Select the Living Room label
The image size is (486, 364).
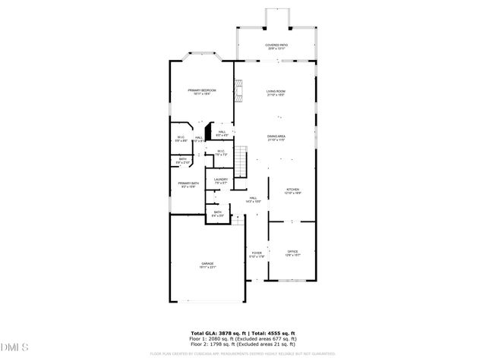pos(275,93)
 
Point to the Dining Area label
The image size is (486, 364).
pos(276,138)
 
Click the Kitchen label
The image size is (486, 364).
pos(292,192)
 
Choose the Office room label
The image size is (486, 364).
pos(292,253)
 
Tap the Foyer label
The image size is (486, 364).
pos(257,255)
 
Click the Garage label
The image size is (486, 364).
pos(207,265)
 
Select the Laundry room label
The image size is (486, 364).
pos(221,181)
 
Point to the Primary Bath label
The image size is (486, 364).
pos(188,185)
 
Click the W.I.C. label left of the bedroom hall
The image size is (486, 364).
pos(181,139)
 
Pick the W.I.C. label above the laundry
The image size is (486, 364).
pos(221,153)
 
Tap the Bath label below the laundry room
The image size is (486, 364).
pos(217,214)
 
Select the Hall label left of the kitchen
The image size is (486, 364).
pos(253,199)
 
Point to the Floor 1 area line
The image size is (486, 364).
pos(242,339)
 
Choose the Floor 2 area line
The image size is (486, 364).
pos(242,345)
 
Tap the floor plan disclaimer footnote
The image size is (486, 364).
pos(242,353)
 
